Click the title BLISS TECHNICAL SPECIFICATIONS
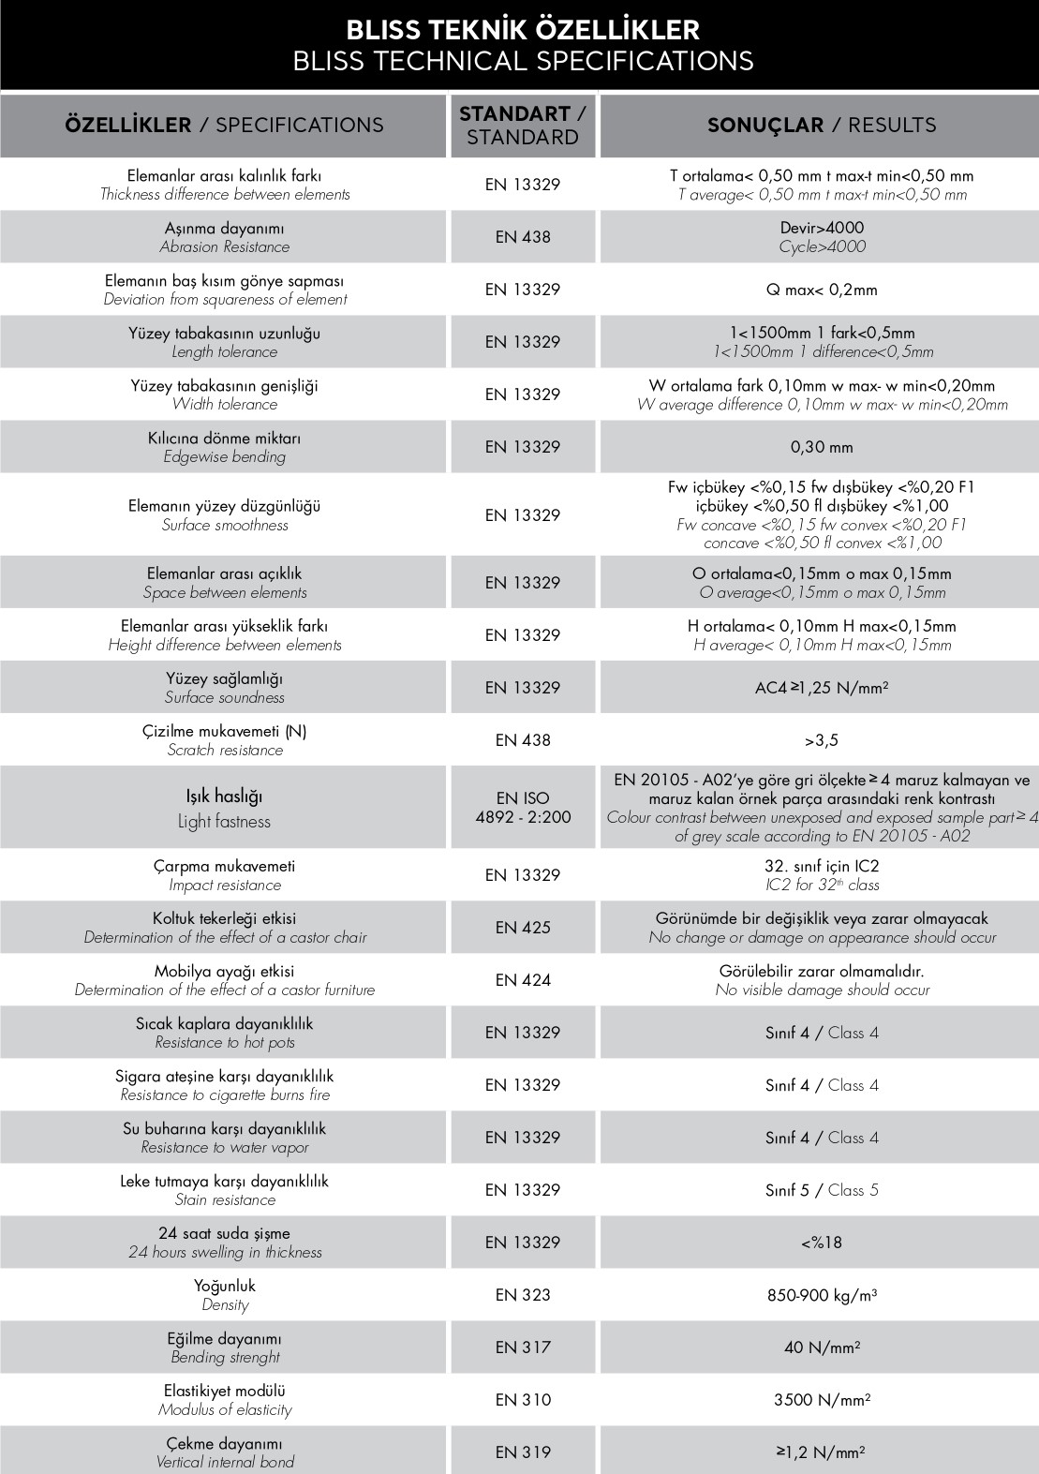pos(523,61)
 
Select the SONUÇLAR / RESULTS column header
pos(821,125)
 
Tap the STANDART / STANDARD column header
pos(523,125)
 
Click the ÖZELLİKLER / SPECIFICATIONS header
pos(224,125)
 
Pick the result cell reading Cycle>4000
pos(822,246)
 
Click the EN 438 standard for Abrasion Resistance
pos(523,237)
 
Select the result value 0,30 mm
pos(822,447)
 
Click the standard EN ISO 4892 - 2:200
pos(523,808)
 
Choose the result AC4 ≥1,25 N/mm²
pos(822,688)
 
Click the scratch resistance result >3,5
pos(822,740)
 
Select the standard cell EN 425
pos(523,928)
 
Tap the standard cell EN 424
pos(523,980)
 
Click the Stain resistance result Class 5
pos(822,1190)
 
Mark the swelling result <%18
pos(822,1243)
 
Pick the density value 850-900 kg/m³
pos(822,1295)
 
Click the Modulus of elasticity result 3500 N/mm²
pos(822,1400)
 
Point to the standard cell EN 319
pos(523,1452)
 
